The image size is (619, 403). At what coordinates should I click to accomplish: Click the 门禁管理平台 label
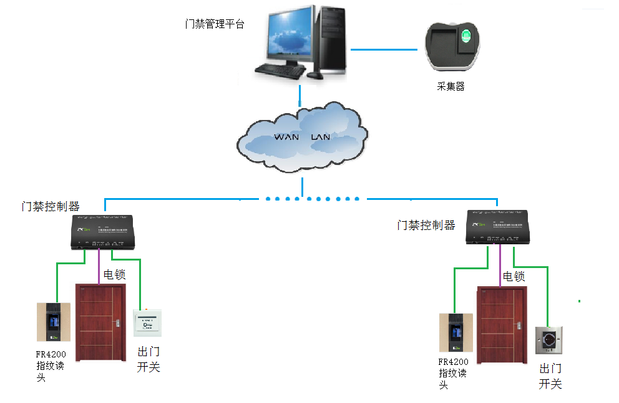(215, 24)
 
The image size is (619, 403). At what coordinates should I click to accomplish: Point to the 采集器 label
(451, 87)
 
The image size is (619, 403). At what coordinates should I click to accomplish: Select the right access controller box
(499, 227)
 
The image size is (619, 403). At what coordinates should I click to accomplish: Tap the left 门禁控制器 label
(50, 206)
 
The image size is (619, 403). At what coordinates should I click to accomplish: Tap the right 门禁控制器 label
(426, 225)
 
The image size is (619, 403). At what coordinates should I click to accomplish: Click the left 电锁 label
(115, 274)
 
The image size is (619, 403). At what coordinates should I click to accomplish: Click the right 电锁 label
(514, 276)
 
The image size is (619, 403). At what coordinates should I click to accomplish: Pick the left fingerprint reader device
(54, 323)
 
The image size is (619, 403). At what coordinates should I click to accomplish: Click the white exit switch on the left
(147, 324)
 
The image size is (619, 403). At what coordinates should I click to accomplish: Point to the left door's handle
(116, 323)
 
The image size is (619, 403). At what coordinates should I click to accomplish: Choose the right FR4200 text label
(453, 362)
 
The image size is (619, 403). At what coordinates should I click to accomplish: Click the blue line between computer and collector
(383, 49)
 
